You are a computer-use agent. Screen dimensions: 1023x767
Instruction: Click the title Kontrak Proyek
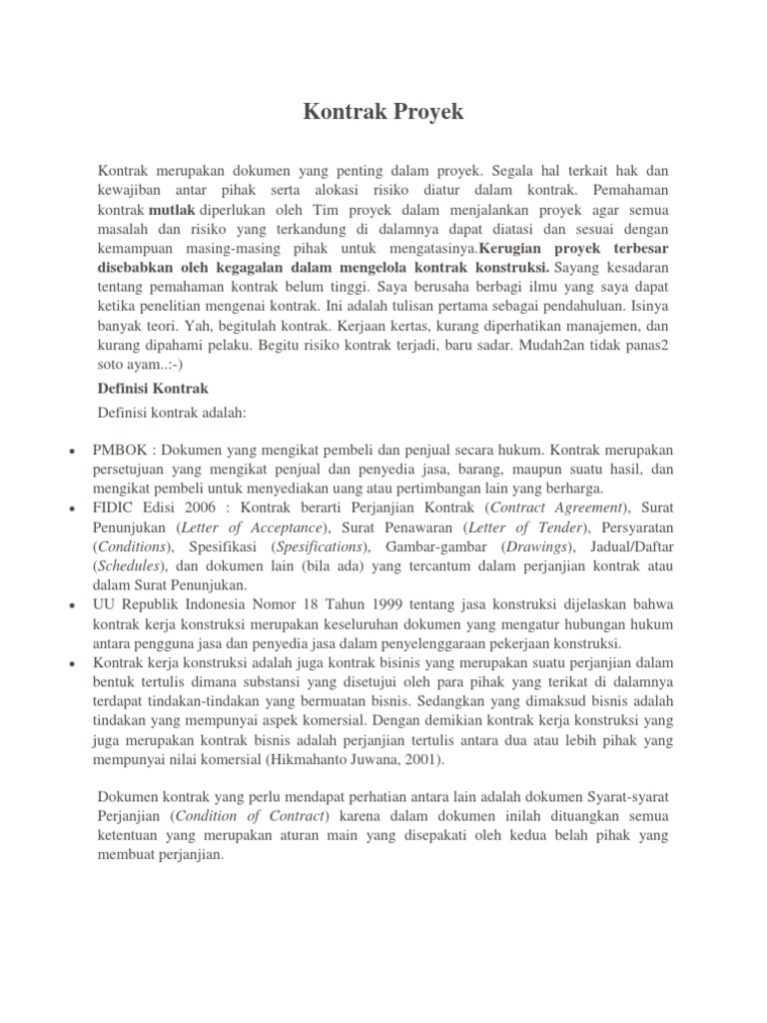point(383,112)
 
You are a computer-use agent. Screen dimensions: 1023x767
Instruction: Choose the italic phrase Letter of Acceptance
point(268,526)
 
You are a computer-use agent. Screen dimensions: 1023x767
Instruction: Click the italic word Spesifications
point(319,546)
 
